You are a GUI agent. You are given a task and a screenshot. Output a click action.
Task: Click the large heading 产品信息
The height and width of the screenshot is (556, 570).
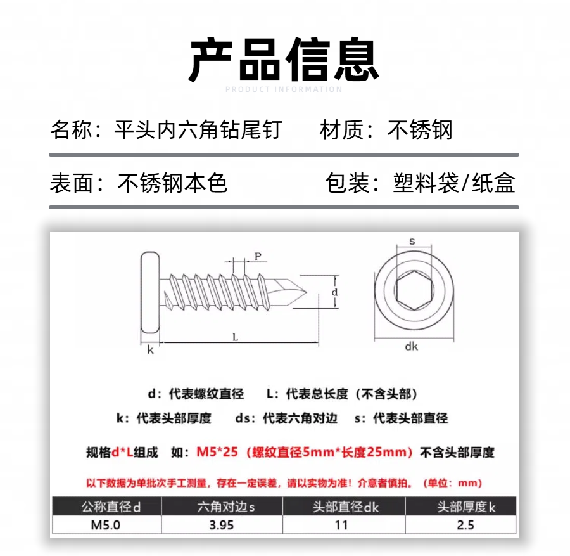284,60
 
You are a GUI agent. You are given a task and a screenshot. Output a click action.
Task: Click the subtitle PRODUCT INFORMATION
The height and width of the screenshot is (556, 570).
284,89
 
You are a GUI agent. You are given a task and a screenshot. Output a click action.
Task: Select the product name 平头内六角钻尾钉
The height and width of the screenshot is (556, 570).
198,129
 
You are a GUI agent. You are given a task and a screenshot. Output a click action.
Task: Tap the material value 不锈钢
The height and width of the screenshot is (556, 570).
420,130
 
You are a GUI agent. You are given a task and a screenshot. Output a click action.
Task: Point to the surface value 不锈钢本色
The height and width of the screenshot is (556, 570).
173,183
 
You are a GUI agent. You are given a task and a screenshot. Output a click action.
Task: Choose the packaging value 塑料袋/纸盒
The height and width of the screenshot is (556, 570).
454,183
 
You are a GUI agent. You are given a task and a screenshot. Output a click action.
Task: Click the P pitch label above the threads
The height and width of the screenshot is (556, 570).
258,256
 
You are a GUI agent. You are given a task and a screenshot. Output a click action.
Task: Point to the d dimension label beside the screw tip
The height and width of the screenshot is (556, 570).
334,292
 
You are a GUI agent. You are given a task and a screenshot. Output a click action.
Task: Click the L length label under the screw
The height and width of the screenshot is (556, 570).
235,337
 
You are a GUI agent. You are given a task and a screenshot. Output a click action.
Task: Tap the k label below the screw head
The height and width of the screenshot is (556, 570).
151,350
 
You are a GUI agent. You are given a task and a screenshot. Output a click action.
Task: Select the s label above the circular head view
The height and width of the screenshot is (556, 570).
412,242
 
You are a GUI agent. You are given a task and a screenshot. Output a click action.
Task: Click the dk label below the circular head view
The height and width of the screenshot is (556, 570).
411,346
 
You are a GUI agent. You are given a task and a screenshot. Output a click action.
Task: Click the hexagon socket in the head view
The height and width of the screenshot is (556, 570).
414,290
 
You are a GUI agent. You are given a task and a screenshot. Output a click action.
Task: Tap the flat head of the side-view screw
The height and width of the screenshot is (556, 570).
150,293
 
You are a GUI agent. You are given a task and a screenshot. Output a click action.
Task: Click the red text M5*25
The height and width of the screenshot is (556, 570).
217,452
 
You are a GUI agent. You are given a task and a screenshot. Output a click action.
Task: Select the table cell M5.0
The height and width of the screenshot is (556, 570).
106,525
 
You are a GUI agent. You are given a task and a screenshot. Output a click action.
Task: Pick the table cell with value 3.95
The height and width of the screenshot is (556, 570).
222,525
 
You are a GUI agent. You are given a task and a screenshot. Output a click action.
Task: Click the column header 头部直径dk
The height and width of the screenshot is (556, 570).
345,507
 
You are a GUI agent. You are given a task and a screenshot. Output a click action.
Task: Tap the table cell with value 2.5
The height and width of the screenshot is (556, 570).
465,525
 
